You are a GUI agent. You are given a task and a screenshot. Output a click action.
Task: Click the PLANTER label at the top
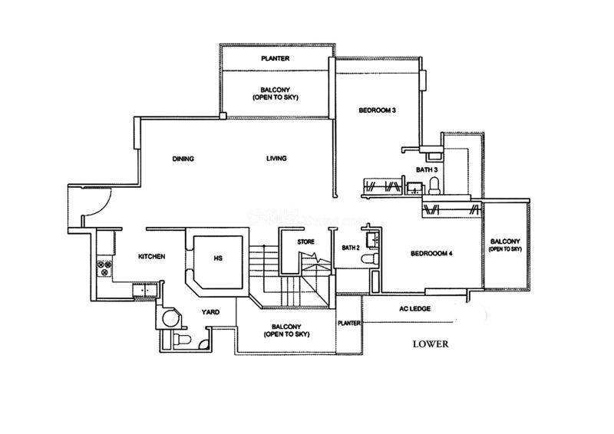click(276, 58)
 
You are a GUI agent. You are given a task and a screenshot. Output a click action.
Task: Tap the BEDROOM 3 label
click(377, 110)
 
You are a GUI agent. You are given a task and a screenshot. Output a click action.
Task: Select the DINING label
click(183, 159)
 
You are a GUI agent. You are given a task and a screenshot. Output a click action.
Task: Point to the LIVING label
click(276, 159)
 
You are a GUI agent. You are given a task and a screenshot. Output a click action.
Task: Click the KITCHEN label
click(151, 257)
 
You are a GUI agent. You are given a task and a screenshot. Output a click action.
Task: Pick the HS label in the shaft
click(218, 258)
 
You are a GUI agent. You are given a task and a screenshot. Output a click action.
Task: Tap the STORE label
click(305, 242)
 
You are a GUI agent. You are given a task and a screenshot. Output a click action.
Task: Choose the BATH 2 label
click(351, 248)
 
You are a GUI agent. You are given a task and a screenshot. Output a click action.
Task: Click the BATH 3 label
click(427, 170)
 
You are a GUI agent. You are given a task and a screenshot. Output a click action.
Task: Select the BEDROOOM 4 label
click(431, 254)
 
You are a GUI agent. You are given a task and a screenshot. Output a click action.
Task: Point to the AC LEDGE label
click(414, 309)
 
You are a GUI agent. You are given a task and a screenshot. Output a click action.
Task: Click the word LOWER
click(431, 344)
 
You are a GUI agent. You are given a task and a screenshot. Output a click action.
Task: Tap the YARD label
click(210, 312)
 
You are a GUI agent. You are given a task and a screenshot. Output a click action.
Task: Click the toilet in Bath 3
click(434, 186)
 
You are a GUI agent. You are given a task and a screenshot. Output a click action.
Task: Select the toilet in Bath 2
click(370, 258)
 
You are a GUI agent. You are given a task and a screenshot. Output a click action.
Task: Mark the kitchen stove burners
click(105, 268)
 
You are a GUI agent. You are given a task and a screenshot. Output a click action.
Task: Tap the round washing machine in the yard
click(171, 318)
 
